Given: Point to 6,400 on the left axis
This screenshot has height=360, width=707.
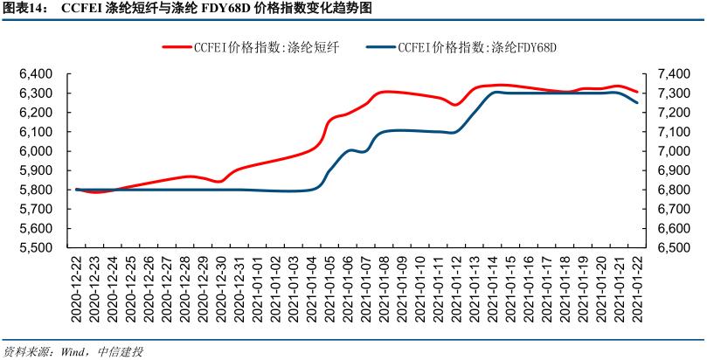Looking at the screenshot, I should point(36,74).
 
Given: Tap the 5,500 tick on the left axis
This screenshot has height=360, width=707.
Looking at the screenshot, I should point(36,247).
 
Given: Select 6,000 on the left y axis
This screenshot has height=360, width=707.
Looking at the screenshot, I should point(36,151).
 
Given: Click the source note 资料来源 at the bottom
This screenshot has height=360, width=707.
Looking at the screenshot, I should point(26,351).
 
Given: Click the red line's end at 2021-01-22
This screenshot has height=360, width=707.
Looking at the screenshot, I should point(636,92).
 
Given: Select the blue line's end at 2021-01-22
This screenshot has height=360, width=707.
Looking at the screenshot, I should point(636,102).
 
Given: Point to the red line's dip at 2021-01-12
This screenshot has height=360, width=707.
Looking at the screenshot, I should point(455,105).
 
